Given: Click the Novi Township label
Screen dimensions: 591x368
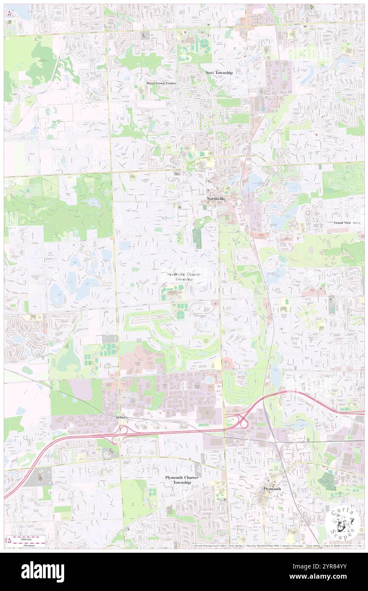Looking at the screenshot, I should tap(219, 73).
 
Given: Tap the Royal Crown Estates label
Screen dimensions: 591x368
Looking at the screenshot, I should tap(161, 83).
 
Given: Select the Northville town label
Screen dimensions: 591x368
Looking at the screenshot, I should tap(216, 199).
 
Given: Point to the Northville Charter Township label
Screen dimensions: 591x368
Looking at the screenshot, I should tap(184, 277).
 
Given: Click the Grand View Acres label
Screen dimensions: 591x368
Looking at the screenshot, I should tap(347, 223).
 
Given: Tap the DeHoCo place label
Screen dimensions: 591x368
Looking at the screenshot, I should tap(122, 418).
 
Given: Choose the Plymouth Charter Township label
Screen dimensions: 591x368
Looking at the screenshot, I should tap(182, 480).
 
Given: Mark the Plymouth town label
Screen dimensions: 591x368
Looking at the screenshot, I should tap(272, 489).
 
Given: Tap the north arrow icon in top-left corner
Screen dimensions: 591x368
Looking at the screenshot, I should tap(9, 14).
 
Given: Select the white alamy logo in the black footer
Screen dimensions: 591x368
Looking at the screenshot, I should tap(42, 571).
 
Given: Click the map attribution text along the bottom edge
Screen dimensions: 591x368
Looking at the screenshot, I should tap(276, 545).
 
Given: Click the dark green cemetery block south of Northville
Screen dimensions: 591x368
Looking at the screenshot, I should tap(197, 235).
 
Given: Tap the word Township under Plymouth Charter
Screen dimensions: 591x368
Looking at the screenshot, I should tap(182, 483).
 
